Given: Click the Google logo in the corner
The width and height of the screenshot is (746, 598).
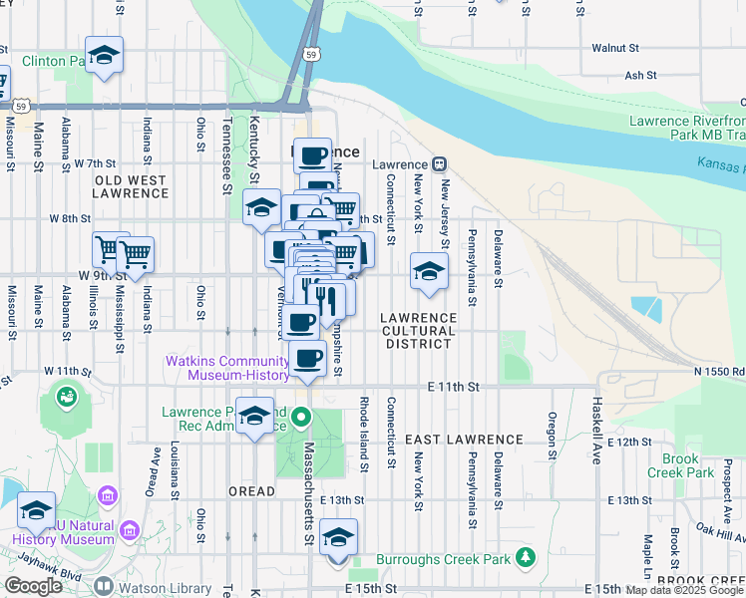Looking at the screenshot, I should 33,586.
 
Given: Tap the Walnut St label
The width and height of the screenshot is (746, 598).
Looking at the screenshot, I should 614,47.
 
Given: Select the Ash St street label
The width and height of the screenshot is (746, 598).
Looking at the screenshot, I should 639,75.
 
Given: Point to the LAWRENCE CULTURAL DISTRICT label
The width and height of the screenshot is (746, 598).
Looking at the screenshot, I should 418,330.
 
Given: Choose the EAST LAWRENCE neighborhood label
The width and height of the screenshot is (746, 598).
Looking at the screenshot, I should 464,439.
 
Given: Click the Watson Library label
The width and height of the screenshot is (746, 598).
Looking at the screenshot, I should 165,588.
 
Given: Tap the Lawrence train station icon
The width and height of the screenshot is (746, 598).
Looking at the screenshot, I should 438,164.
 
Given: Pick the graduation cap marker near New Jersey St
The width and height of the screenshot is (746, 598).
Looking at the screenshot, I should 428,271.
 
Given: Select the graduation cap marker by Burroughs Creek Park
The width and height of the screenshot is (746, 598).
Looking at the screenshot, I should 339,538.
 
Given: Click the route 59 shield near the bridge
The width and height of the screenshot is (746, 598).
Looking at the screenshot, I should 312,54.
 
